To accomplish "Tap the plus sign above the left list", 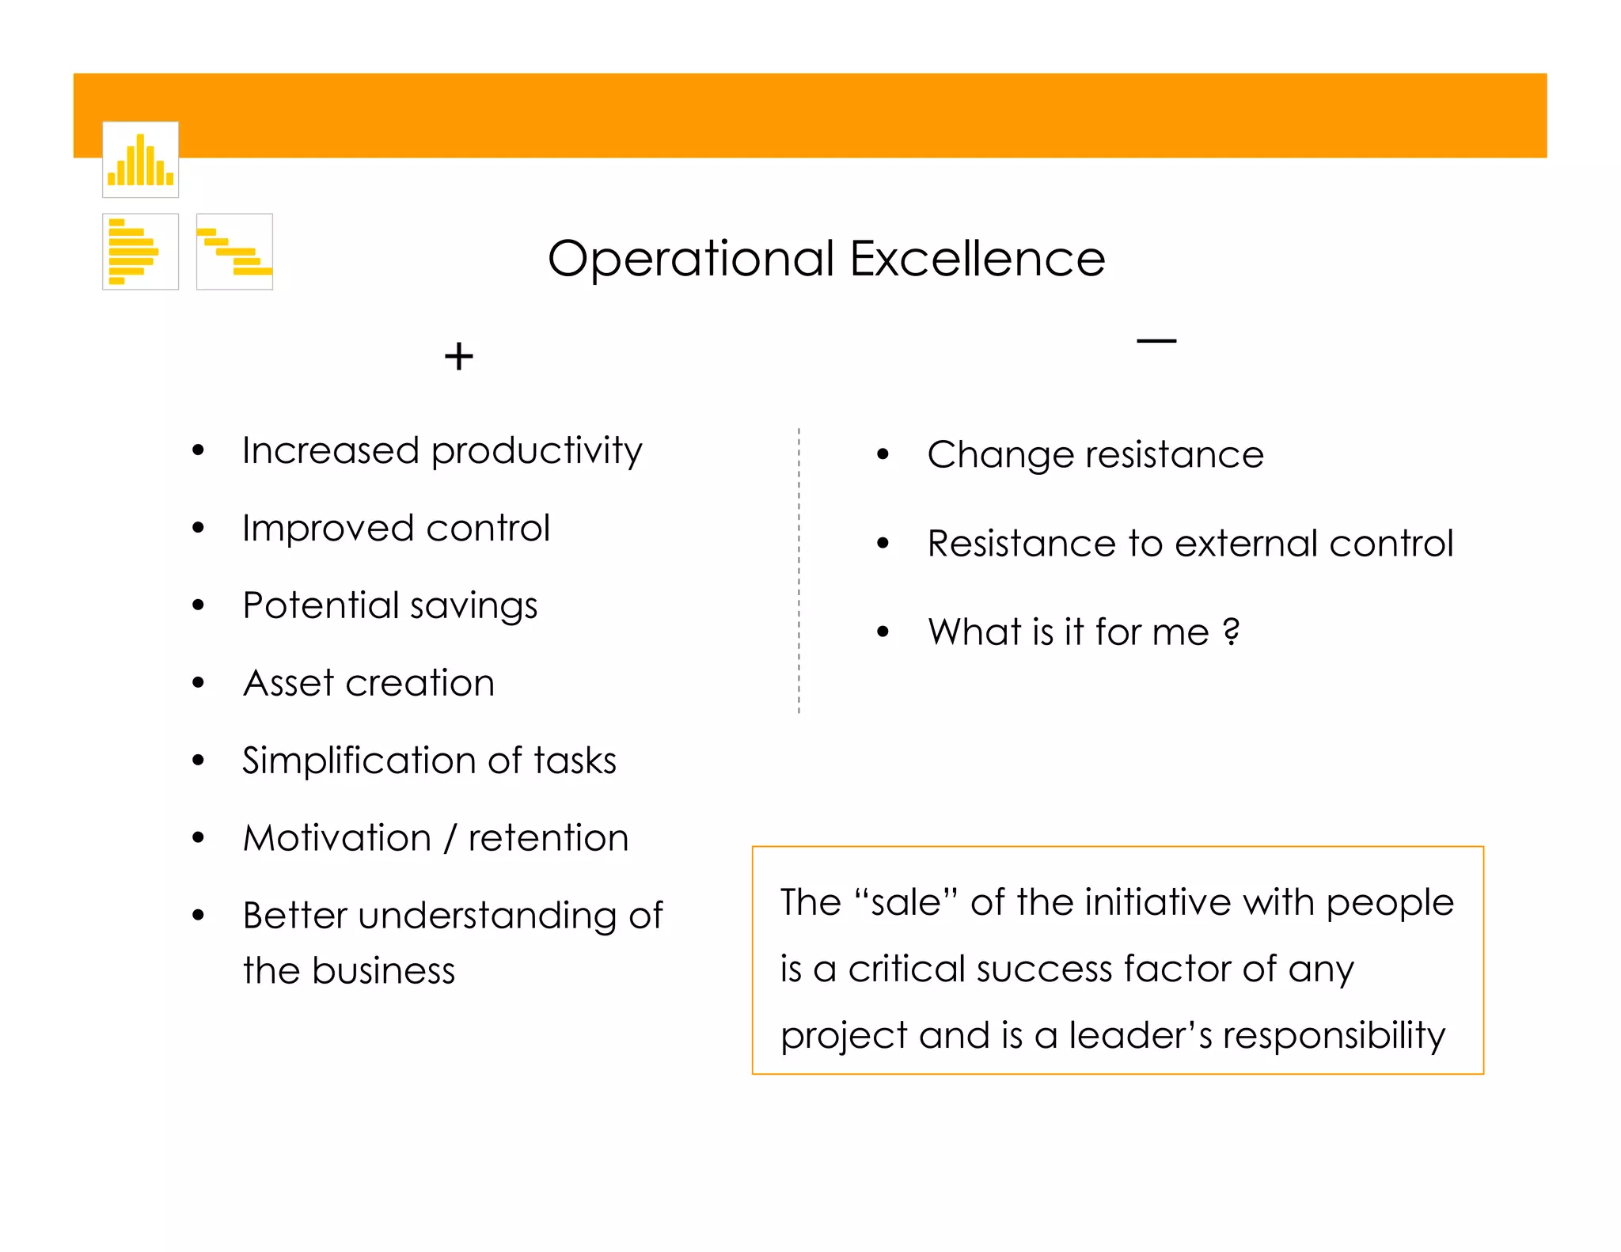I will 458,356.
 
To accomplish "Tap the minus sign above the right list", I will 1156,341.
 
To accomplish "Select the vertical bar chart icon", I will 140,160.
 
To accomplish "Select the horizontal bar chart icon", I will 140,252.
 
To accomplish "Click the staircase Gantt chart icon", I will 234,252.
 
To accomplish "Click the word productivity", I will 537,452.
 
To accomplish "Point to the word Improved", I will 328,529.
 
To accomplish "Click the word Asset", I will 289,683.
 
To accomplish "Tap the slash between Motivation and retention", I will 450,838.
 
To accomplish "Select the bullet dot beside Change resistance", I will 883,454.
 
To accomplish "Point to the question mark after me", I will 1231,632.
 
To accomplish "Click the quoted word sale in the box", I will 906,902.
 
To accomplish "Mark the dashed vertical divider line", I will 799,570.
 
